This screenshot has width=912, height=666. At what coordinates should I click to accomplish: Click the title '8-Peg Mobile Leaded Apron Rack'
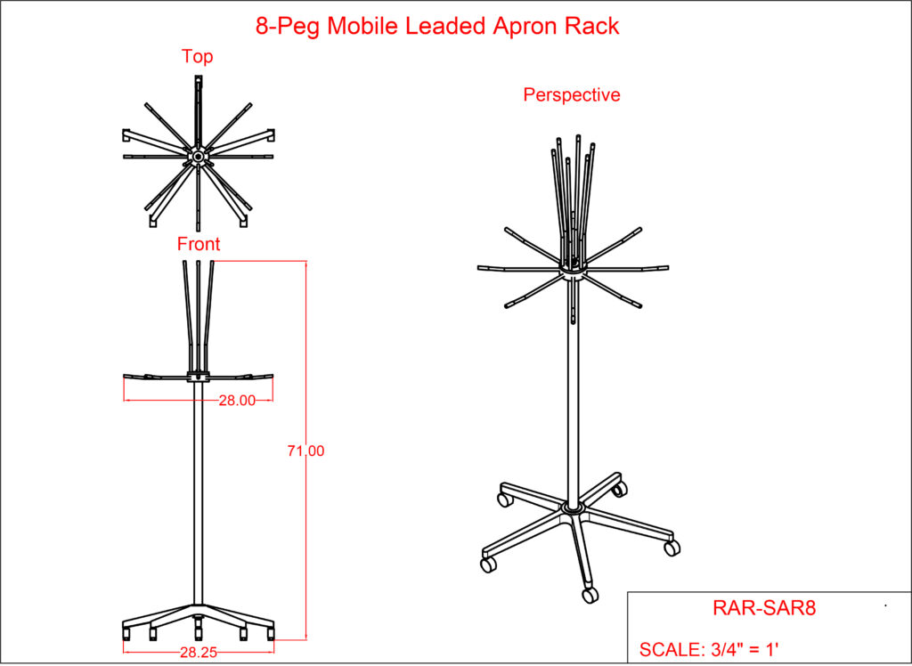tap(436, 26)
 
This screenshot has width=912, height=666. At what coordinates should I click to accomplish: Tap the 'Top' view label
tap(198, 57)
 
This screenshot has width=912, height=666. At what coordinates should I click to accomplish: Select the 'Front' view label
tap(199, 244)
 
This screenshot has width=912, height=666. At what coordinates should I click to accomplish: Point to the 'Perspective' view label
tap(572, 94)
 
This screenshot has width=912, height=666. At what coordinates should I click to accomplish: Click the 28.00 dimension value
tap(237, 401)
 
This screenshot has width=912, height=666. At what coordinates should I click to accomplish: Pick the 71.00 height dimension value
tap(305, 451)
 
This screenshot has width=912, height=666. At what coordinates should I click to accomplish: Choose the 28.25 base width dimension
tap(199, 651)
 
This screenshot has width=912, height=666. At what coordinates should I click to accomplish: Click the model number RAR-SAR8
tap(764, 608)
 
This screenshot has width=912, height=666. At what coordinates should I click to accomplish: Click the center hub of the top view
tap(197, 158)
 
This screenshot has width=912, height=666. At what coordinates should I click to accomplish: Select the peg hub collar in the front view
tap(198, 375)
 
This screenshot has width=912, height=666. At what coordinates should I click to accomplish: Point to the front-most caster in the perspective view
tap(590, 594)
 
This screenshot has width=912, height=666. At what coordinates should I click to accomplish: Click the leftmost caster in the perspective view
tap(488, 564)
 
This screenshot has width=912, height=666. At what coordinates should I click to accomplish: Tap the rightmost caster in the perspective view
tap(672, 548)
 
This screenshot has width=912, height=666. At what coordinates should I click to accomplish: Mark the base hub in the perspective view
tap(572, 510)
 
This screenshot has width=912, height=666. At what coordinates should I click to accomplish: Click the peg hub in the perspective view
tap(572, 268)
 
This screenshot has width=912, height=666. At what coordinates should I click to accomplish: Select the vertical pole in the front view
tap(198, 490)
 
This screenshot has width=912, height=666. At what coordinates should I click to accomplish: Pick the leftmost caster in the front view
tap(126, 633)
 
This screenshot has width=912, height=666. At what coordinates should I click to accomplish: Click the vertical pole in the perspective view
tap(572, 401)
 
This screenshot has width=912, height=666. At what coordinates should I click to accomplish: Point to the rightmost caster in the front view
tap(270, 633)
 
